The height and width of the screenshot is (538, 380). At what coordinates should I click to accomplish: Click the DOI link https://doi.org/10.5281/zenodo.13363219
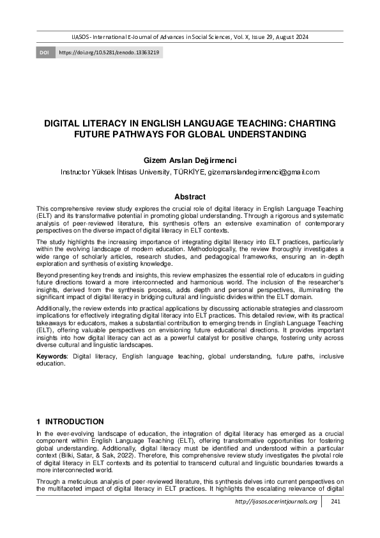point(109,51)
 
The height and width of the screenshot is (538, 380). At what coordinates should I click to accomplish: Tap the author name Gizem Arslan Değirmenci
point(190,159)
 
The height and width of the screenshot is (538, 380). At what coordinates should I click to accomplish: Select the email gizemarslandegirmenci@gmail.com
point(263,172)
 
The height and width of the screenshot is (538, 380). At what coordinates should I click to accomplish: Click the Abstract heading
point(190,197)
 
